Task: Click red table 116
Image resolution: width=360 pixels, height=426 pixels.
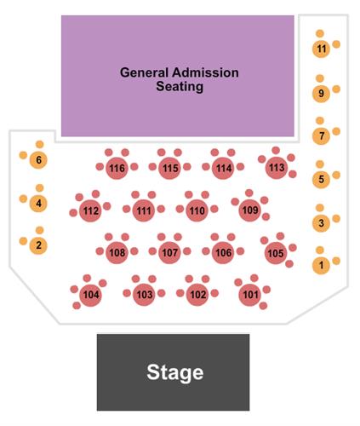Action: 117,168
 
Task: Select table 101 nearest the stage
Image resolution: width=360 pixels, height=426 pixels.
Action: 250,295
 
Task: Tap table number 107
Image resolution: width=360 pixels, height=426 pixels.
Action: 169,252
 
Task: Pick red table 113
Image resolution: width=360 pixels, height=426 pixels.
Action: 277,168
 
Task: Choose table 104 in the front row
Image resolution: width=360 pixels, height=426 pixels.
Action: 91,295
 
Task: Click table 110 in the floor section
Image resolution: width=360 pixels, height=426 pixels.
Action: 197,210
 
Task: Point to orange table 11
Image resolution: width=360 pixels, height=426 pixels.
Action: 321,49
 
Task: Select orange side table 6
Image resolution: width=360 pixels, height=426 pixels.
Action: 38,160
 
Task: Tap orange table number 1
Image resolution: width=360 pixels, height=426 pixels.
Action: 321,265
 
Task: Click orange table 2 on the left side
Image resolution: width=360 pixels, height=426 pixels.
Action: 38,245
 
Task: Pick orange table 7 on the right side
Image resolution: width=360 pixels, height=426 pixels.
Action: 321,136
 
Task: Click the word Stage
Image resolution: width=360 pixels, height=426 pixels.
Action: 175,372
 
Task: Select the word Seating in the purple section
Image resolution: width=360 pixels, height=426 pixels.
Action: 180,86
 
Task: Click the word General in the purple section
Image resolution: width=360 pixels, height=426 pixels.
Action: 144,72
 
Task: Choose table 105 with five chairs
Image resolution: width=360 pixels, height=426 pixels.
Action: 276,253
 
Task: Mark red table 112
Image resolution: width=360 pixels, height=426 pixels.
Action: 90,210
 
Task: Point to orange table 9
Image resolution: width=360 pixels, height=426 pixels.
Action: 321,94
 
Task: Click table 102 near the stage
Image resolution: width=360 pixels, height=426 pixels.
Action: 197,295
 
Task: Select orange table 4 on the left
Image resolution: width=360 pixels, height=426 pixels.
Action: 38,203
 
